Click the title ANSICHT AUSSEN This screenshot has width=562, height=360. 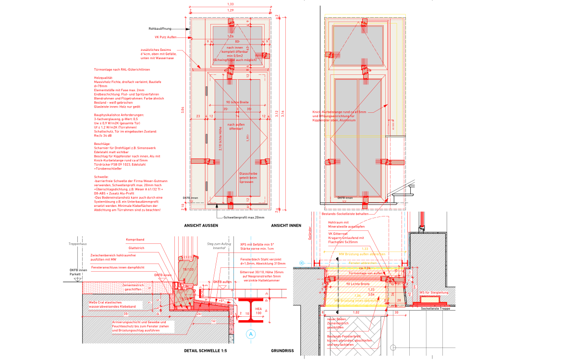[x=201, y=226]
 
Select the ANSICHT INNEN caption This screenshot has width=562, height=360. [x=286, y=226]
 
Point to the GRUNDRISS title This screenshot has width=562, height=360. [x=282, y=351]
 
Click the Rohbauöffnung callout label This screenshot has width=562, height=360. [x=160, y=29]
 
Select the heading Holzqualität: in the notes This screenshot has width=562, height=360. [x=103, y=77]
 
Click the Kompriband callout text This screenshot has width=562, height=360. [x=135, y=239]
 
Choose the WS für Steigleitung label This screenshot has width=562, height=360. [x=434, y=292]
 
